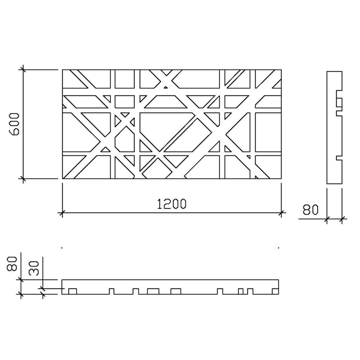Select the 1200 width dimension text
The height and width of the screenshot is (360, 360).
click(171, 204)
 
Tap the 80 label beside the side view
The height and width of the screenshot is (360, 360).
click(310, 210)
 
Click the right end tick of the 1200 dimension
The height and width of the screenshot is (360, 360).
click(282, 213)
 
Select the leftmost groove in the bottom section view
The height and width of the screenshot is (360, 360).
click(73, 291)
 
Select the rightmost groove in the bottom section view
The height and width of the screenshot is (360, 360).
click(275, 291)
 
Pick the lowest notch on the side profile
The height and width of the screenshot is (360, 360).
click(339, 158)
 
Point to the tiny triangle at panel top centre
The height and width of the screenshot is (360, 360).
click(166, 87)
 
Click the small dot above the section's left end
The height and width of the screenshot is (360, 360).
click(62, 248)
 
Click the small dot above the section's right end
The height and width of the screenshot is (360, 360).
click(279, 248)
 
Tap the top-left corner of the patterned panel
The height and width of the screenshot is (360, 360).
click(63, 70)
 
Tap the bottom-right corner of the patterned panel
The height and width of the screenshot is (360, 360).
click(282, 179)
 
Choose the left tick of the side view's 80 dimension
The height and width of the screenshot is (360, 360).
click(327, 218)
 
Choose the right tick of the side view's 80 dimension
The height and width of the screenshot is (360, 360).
click(342, 218)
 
